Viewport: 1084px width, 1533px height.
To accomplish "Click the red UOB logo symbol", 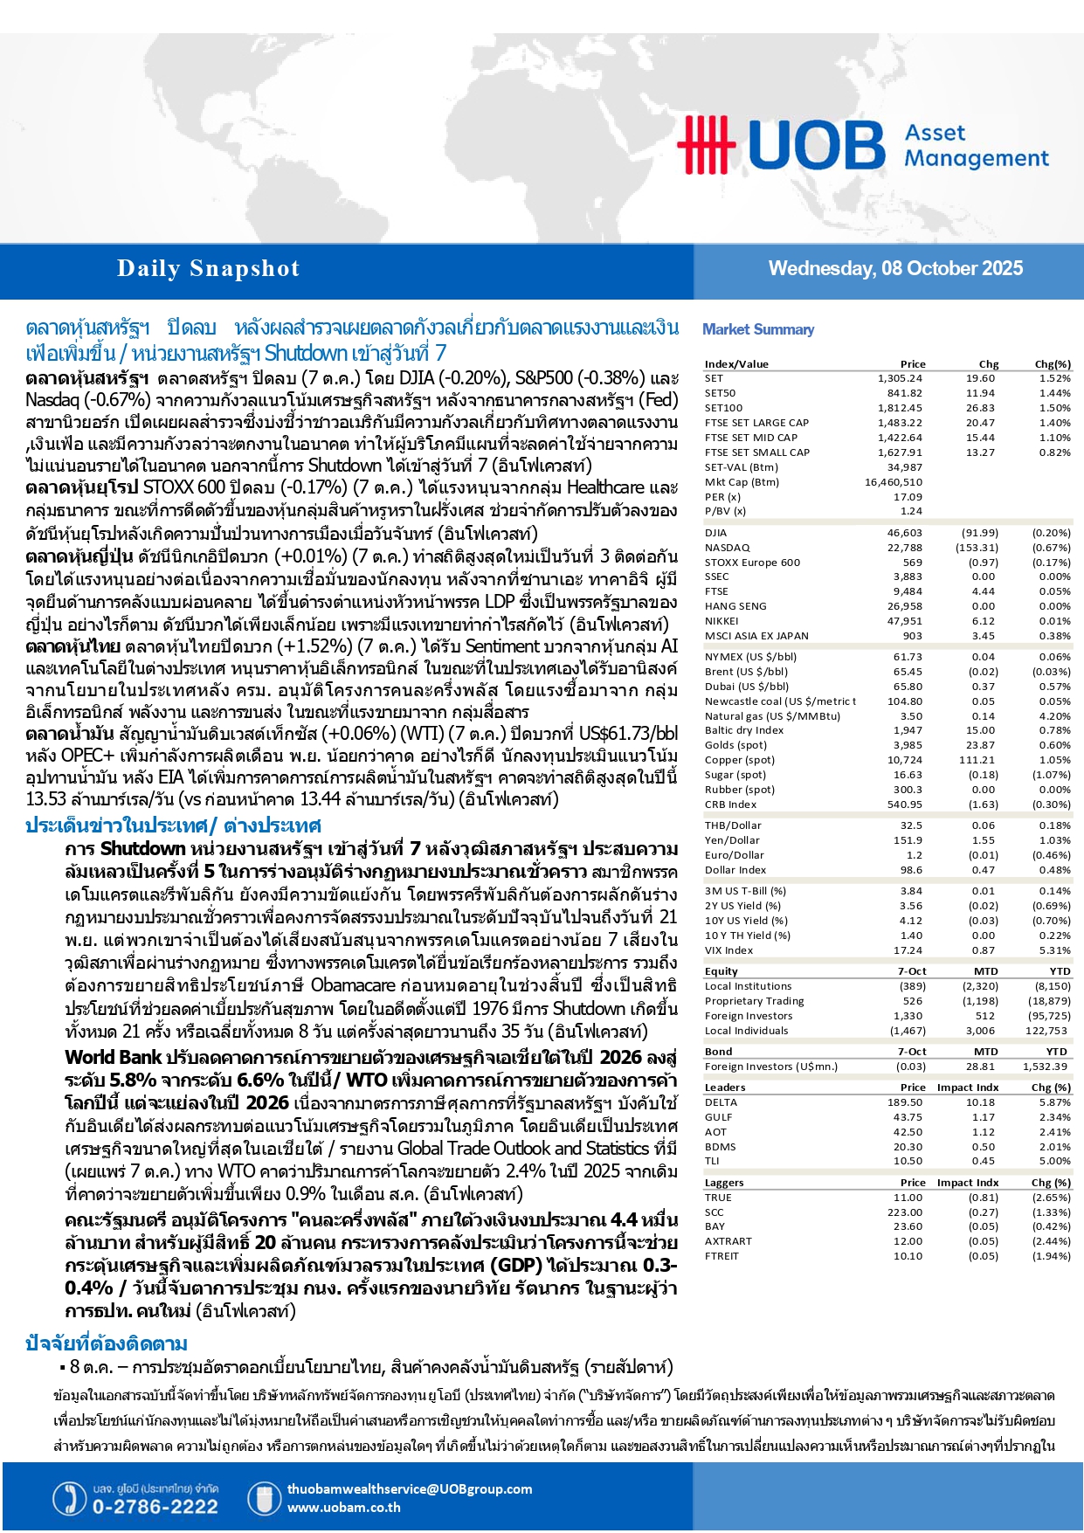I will pyautogui.click(x=707, y=144).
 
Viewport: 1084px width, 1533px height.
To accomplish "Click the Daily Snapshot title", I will pyautogui.click(x=208, y=269).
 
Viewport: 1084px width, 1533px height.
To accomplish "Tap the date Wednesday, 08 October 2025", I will pyautogui.click(x=895, y=268).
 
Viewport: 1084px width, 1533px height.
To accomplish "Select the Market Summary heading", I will pyautogui.click(x=758, y=329).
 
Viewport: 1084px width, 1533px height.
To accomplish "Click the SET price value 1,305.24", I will pyautogui.click(x=900, y=378).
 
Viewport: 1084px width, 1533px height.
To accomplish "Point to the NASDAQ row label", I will pyautogui.click(x=727, y=548).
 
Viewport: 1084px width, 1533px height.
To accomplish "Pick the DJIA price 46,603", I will pyautogui.click(x=904, y=533).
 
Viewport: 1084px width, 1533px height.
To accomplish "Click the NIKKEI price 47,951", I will pyautogui.click(x=904, y=621).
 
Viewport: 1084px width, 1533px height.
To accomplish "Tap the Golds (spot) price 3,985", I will pyautogui.click(x=905, y=745).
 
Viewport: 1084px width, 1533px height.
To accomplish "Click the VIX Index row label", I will pyautogui.click(x=728, y=950).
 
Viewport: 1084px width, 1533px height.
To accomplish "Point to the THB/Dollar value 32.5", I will pyautogui.click(x=911, y=825).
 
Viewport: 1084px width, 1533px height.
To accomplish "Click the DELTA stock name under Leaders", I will pyautogui.click(x=721, y=1102).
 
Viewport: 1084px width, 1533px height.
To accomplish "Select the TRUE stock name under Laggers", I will pyautogui.click(x=718, y=1198).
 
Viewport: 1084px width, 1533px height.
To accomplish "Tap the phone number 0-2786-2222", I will pyautogui.click(x=155, y=1507).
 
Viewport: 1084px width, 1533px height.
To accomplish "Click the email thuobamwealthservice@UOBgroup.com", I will pyautogui.click(x=409, y=1489).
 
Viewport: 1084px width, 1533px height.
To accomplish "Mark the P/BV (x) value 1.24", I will pyautogui.click(x=911, y=511).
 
